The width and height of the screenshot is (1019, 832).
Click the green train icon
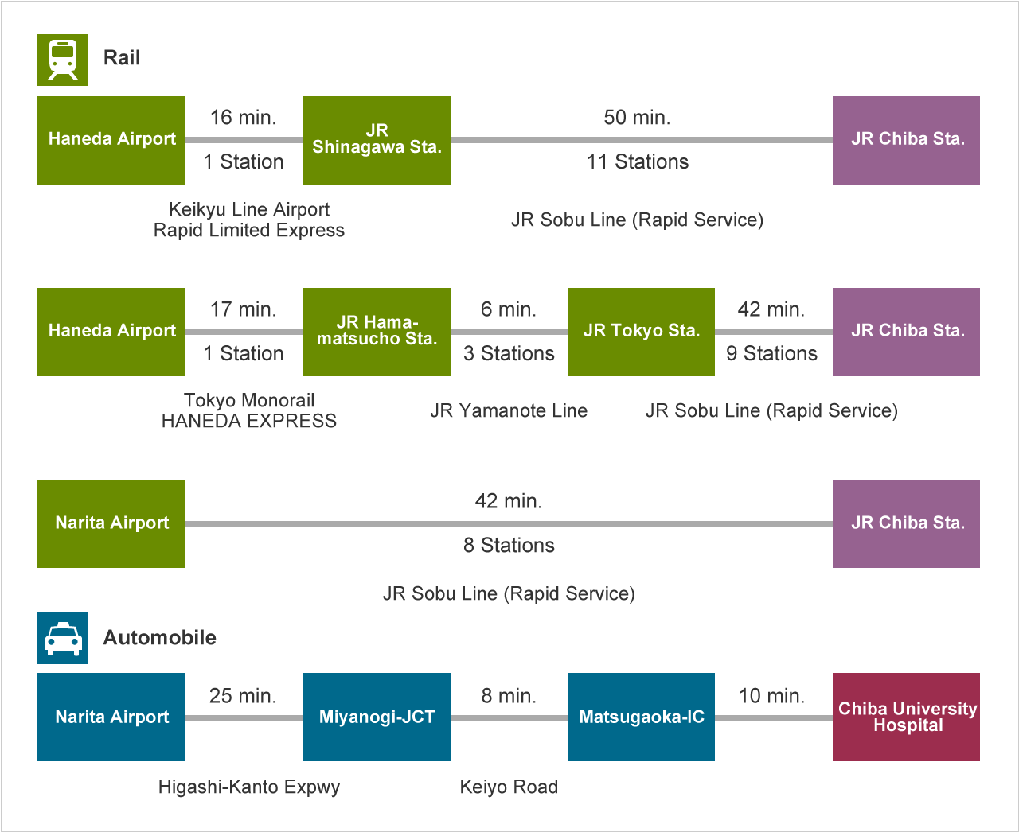coord(62,60)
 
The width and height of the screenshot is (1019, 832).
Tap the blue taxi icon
coord(62,638)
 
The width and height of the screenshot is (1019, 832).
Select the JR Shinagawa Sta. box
coord(377,140)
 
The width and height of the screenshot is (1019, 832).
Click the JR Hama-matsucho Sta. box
coord(377,332)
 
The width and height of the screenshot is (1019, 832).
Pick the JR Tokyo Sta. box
coord(641,332)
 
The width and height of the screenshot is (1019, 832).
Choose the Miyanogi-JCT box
coord(377,717)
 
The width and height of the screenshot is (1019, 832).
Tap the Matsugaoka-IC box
coord(641,717)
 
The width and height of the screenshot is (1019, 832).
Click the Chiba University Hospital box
coord(907,717)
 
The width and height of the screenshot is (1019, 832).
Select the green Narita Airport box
coord(111,523)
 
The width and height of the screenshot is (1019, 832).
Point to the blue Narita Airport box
coord(111,717)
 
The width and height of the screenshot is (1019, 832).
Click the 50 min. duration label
coord(638,118)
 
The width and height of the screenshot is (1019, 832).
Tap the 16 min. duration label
coord(243,118)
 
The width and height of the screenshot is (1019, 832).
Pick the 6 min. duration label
coord(508,309)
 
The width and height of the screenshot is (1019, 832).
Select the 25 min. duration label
coord(243,696)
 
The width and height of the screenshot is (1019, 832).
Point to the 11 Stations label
coord(638,161)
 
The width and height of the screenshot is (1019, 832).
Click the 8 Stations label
coord(509,545)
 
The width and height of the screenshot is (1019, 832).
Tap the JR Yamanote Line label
coord(509,410)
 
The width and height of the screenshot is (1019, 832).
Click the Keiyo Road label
coord(509,787)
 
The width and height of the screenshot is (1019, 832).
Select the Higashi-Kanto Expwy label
coord(249,787)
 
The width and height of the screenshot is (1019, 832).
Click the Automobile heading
coord(159,637)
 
